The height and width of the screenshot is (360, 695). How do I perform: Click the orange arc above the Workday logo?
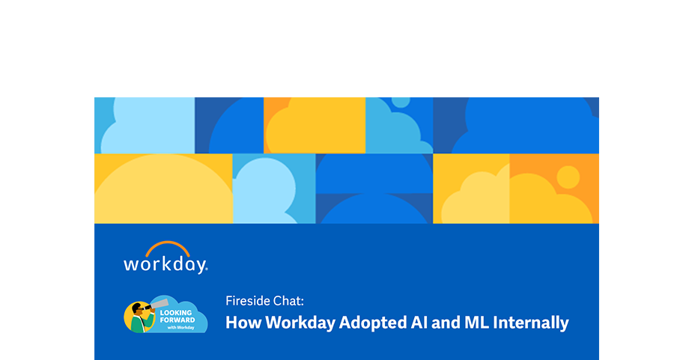click(x=168, y=244)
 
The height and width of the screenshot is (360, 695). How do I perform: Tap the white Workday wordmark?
click(x=166, y=265)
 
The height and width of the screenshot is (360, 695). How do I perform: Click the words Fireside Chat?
click(x=264, y=301)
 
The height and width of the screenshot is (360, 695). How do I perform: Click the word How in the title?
click(x=243, y=322)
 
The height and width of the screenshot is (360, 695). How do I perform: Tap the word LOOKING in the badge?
click(x=176, y=313)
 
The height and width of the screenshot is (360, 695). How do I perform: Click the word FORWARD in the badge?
click(x=177, y=320)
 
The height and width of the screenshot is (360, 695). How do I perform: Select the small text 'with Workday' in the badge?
click(x=180, y=328)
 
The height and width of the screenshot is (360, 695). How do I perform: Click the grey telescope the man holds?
click(x=157, y=305)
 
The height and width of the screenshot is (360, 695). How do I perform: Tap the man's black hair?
click(x=136, y=306)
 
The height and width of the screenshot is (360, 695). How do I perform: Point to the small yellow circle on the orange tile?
click(x=568, y=177)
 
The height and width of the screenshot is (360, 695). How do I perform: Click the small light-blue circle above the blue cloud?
click(x=401, y=102)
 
